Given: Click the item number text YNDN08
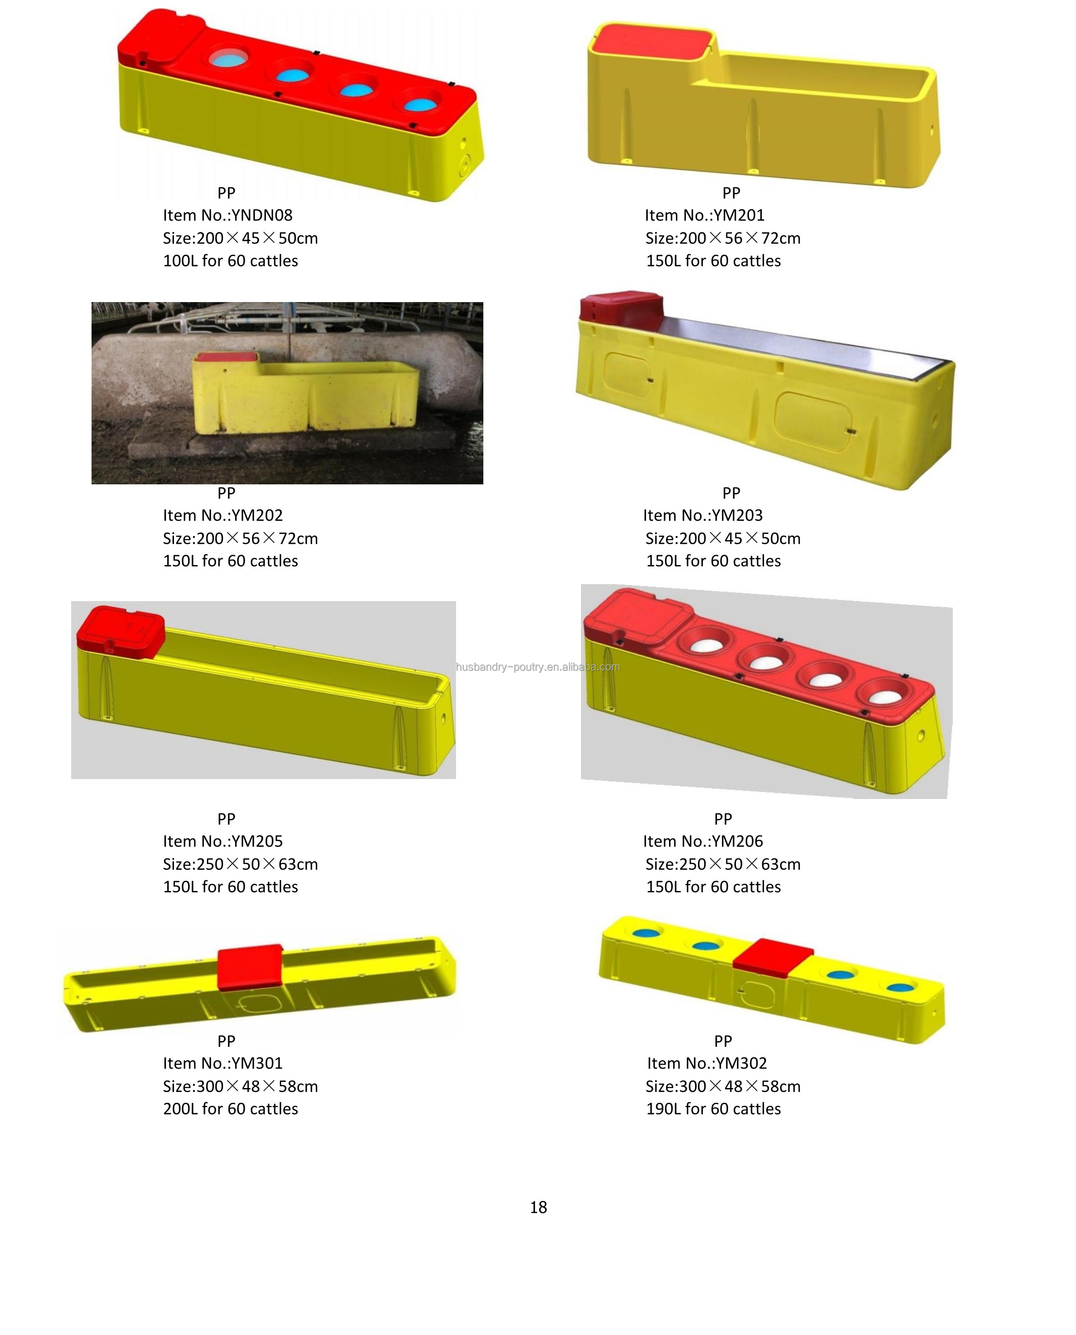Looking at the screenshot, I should coord(227,215).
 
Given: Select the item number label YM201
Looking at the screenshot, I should coord(705,215).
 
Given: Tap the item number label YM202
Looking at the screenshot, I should coord(223,515).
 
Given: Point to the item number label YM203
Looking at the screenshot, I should coord(703,515).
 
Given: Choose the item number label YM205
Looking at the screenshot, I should coord(223,842).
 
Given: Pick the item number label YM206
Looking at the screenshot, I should coord(703,842).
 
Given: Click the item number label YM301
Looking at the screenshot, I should coord(223,1063).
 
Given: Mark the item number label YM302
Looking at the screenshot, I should coord(707,1063).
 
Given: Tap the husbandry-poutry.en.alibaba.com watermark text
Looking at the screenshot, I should coord(538,667).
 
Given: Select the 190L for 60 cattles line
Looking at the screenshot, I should coord(713,1109).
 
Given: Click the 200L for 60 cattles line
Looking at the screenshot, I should coord(230,1109).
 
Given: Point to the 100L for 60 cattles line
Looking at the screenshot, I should coord(230,261).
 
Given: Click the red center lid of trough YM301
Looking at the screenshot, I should coord(250,968).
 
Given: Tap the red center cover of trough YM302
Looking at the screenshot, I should coord(772,957).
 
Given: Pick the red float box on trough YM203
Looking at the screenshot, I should coord(621,308).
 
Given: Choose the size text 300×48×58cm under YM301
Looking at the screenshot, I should coord(240,1086).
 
